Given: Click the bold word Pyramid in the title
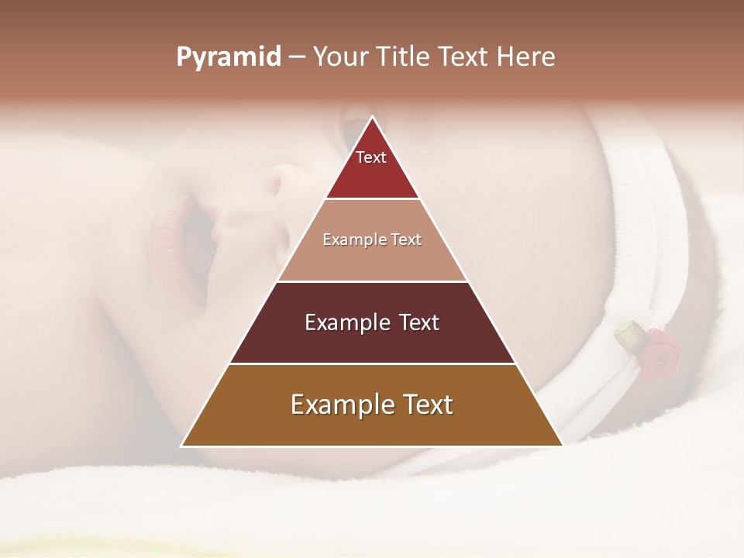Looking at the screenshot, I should click(x=229, y=57).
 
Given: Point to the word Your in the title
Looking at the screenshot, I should click(x=340, y=57).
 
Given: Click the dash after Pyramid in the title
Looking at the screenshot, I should click(x=296, y=57).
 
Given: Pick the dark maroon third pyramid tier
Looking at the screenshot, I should click(x=372, y=341).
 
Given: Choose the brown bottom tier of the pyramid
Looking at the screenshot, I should click(x=372, y=426).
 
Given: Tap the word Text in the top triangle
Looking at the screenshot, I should click(x=371, y=157).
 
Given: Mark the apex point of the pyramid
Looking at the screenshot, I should click(x=372, y=117).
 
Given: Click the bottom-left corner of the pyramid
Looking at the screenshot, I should click(x=182, y=446).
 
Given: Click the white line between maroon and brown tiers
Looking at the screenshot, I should click(x=372, y=363).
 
